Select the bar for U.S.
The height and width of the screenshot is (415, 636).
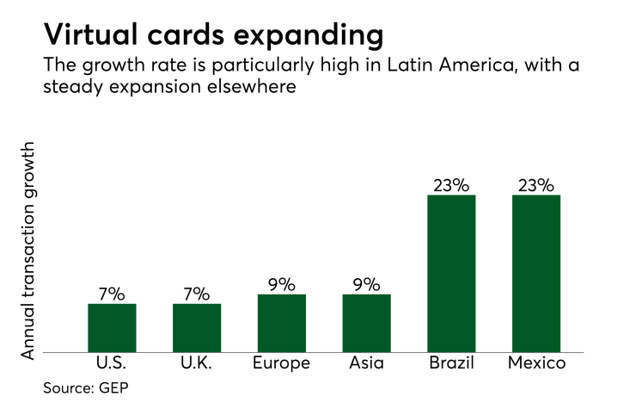pyautogui.click(x=112, y=327)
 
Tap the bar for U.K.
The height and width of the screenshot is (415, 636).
pyautogui.click(x=197, y=327)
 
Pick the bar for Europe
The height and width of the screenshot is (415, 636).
pyautogui.click(x=281, y=323)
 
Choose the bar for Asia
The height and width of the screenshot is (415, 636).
pyautogui.click(x=366, y=323)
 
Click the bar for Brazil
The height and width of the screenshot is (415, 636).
pyautogui.click(x=451, y=273)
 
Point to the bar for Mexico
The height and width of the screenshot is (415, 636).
pyautogui.click(x=536, y=273)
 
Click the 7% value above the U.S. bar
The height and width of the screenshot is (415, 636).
pyautogui.click(x=112, y=294)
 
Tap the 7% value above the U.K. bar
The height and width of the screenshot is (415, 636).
pyautogui.click(x=197, y=294)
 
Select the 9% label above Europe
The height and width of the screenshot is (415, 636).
pyautogui.click(x=281, y=284)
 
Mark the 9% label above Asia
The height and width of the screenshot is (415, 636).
pyautogui.click(x=366, y=284)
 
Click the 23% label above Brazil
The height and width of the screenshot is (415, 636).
pyautogui.click(x=451, y=185)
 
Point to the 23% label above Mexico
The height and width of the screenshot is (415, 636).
pyautogui.click(x=536, y=185)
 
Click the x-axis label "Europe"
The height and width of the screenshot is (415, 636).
pyautogui.click(x=281, y=363)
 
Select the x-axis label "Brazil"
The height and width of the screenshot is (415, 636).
pyautogui.click(x=451, y=363)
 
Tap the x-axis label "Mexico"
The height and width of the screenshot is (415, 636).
pyautogui.click(x=536, y=363)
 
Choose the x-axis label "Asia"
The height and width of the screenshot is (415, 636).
pyautogui.click(x=366, y=363)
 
